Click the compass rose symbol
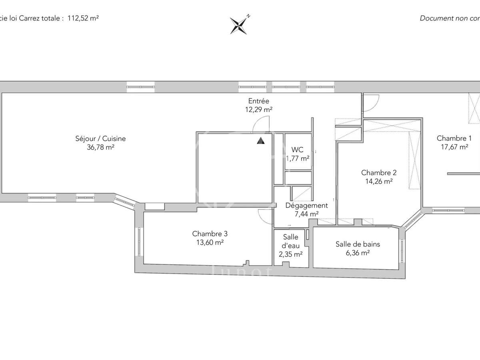pyautogui.click(x=240, y=25)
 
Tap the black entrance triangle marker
pyautogui.click(x=261, y=140)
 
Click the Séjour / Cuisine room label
pyautogui.click(x=100, y=139)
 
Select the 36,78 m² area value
pyautogui.click(x=100, y=147)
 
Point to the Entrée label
pyautogui.click(x=258, y=101)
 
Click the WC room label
pyautogui.click(x=297, y=150)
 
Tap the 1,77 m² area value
pyautogui.click(x=297, y=158)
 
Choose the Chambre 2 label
pyautogui.click(x=378, y=173)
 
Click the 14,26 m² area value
pyautogui.click(x=378, y=181)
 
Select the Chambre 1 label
pyautogui.click(x=454, y=138)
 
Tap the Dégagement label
pyautogui.click(x=306, y=206)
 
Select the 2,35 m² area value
pyautogui.click(x=290, y=254)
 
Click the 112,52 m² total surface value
pyautogui.click(x=83, y=18)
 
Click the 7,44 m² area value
pyautogui.click(x=306, y=214)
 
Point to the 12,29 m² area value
pyautogui.click(x=258, y=109)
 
